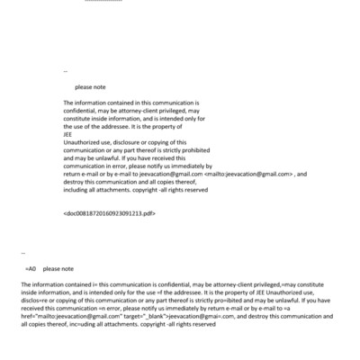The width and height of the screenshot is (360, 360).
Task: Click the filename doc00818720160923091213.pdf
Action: coord(111,214)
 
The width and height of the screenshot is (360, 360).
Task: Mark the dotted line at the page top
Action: coord(103,3)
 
